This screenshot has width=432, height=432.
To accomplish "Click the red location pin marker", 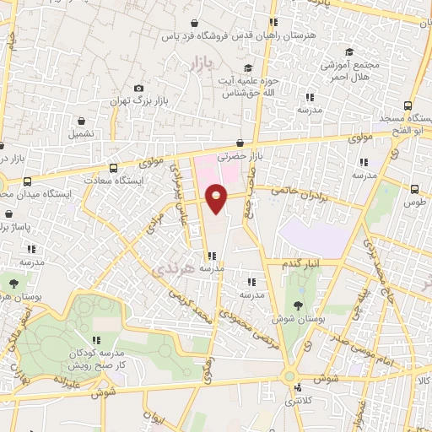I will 217,198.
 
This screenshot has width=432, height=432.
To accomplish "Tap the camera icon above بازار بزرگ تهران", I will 138,89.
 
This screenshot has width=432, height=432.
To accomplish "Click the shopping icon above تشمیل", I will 81,121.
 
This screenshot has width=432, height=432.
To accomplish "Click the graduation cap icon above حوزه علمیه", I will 248,68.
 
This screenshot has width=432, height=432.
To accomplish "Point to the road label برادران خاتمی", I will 298,193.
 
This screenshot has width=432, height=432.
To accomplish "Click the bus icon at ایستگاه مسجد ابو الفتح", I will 408,106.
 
